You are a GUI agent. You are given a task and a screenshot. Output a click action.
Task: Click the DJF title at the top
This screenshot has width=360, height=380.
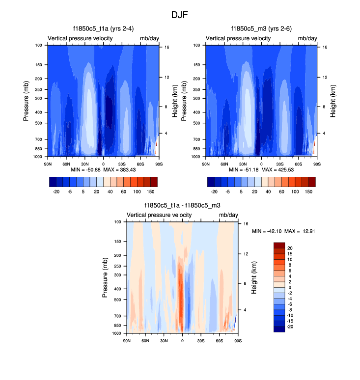tap(180, 15)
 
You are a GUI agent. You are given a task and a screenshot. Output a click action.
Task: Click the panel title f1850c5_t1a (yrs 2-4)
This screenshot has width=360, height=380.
tap(103, 28)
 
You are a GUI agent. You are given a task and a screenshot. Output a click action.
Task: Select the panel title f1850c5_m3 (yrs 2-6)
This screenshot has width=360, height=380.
tap(261, 28)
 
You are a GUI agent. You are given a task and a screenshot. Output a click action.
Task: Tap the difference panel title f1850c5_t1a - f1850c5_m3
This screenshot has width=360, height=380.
tap(182, 205)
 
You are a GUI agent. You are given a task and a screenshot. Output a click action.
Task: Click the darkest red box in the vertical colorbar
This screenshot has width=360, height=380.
tap(279, 245)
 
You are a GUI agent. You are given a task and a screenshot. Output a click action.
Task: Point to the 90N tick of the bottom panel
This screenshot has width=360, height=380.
tap(127, 341)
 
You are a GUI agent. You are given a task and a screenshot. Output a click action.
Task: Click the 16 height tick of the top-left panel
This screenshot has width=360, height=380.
tap(166, 47)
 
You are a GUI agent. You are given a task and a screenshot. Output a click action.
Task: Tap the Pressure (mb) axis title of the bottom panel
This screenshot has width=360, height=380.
tap(106, 278)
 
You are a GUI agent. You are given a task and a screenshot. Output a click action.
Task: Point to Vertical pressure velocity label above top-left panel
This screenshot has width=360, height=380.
tap(80, 38)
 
